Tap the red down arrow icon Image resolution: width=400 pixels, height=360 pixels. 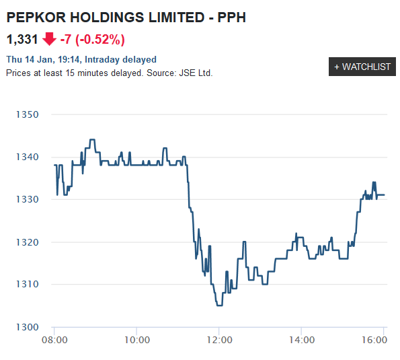tap(50, 39)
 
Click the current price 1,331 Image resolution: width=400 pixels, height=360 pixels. tap(22, 39)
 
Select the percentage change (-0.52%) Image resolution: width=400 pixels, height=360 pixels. tap(99, 39)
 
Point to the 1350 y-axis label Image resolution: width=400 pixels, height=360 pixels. tap(28, 114)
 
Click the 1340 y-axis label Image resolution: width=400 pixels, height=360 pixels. tap(28, 157)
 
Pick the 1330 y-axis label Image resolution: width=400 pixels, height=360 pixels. tap(28, 199)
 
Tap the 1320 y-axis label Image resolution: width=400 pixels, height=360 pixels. tap(28, 242)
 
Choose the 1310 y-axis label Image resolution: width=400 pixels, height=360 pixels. tap(28, 284)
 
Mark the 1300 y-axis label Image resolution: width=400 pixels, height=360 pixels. tap(28, 327)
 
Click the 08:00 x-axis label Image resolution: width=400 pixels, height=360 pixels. tap(54, 341)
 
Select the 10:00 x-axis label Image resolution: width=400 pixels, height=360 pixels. tap(136, 341)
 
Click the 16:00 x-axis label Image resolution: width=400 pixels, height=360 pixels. tap(374, 341)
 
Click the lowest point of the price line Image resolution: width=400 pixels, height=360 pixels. tap(219, 305)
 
